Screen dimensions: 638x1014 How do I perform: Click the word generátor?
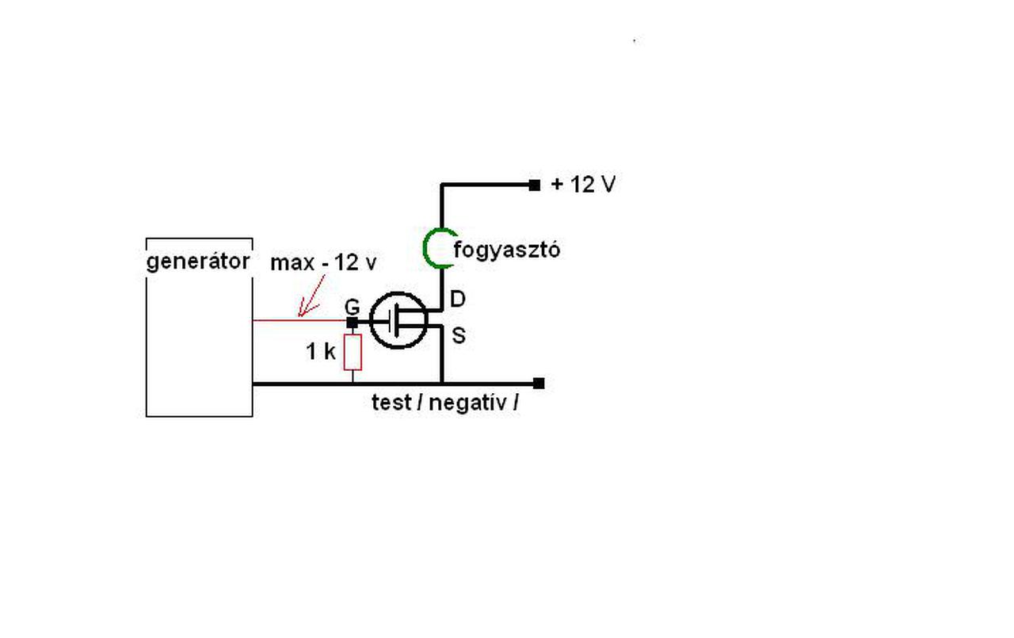coord(198,261)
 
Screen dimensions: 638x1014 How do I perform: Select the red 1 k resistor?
coord(353,352)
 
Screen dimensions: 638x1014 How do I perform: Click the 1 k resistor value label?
coord(321,352)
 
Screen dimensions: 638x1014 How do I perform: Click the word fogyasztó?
coord(507,250)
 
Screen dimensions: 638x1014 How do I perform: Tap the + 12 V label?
coord(583,185)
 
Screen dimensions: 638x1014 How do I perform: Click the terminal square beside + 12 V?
coord(535,185)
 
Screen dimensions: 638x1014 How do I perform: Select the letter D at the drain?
coord(458,299)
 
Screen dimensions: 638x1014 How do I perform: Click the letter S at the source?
coord(458,336)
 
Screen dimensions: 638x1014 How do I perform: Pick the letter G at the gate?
coord(353,306)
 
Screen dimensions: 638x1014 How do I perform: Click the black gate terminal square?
coord(353,322)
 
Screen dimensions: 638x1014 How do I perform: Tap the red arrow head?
coord(302,311)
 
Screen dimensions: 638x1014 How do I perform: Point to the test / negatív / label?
coord(445,402)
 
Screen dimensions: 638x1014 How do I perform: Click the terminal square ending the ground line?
coord(539,384)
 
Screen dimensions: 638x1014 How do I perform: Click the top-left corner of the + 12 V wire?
coord(442,185)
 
